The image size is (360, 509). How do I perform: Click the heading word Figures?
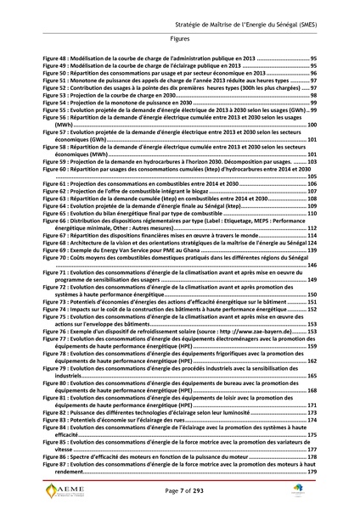tap(179, 39)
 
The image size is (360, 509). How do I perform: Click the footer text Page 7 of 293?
tap(179, 494)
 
